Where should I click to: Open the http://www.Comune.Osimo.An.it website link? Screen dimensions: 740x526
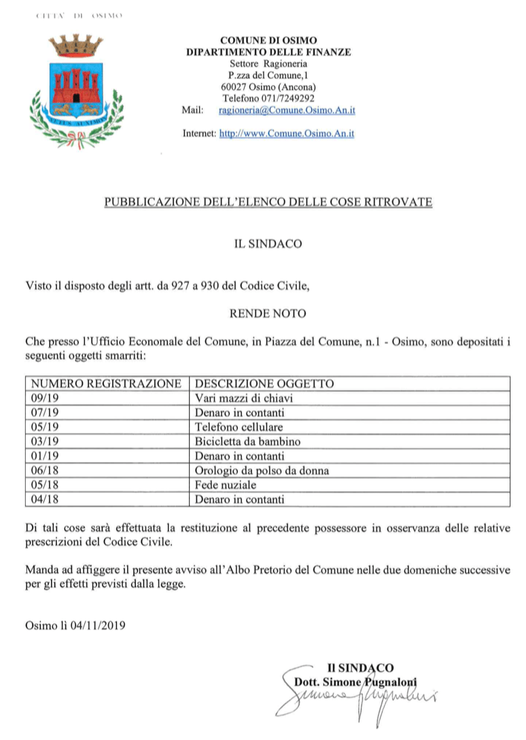pyautogui.click(x=286, y=134)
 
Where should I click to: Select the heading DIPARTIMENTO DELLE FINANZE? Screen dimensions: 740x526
pyautogui.click(x=268, y=52)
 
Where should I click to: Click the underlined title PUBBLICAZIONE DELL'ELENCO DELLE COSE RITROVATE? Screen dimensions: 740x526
pyautogui.click(x=268, y=202)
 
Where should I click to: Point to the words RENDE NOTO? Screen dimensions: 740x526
pyautogui.click(x=268, y=313)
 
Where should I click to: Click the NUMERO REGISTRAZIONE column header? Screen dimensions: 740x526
pyautogui.click(x=106, y=383)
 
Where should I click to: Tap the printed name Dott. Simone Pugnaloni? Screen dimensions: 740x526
pyautogui.click(x=355, y=682)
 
